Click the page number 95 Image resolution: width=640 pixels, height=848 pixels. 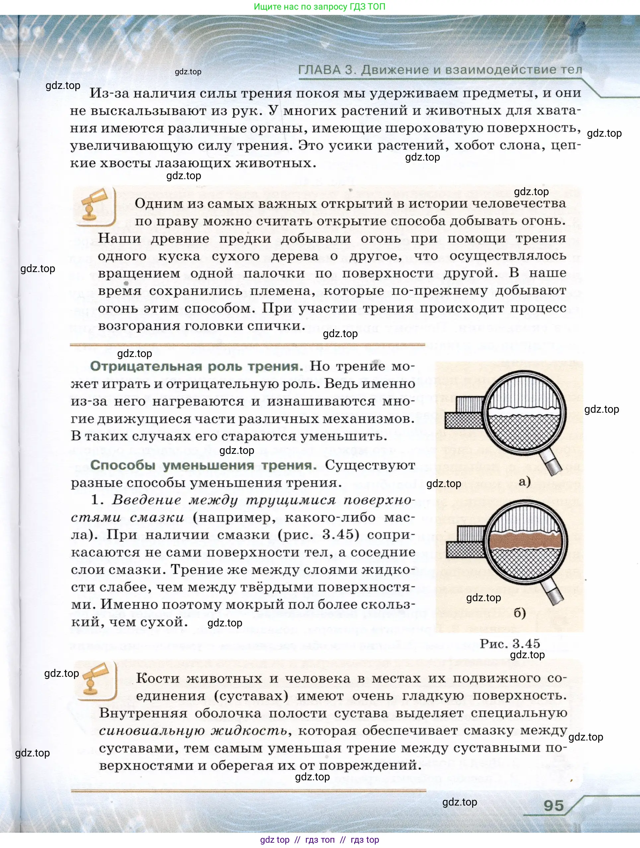pos(553,806)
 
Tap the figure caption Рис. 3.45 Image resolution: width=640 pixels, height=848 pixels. pos(510,644)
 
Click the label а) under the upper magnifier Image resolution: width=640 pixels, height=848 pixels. pos(524,481)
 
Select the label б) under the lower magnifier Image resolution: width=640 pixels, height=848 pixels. pos(520,613)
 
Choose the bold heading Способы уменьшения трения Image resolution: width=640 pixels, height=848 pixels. pos(203,465)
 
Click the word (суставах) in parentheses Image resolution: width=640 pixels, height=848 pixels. pos(251,696)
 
